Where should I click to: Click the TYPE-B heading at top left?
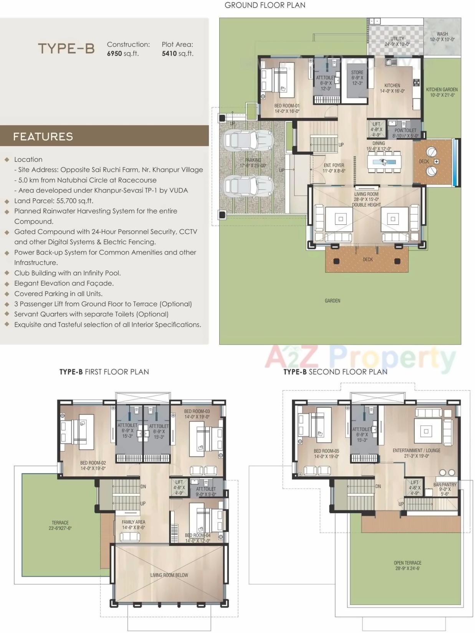coord(66,49)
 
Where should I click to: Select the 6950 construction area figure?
coord(114,54)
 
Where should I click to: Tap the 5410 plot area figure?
coord(169,54)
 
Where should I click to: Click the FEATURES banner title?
coord(43,137)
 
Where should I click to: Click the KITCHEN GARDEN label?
coord(442,92)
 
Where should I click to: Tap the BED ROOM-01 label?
coord(286,108)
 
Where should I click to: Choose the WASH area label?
coord(442,36)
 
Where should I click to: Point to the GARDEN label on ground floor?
coord(332,301)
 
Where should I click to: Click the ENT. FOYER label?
coord(334,168)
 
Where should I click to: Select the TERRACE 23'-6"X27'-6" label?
coord(60,525)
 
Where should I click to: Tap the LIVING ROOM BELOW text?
coord(169,575)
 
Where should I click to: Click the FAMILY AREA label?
coord(133,524)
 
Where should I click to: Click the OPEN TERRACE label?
coord(407,565)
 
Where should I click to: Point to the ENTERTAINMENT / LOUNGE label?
coord(416,453)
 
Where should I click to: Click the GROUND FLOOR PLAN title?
coord(265,5)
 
